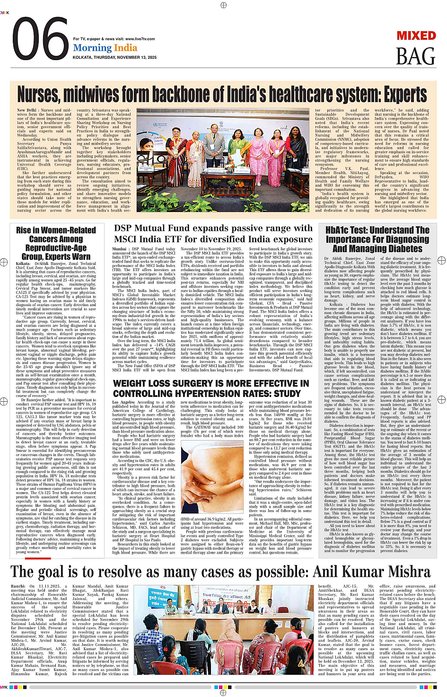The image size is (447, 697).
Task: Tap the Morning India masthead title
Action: (105, 48)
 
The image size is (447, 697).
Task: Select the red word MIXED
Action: (416, 36)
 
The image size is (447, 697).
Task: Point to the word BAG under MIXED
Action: (415, 57)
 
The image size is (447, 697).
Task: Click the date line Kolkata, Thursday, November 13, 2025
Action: (114, 57)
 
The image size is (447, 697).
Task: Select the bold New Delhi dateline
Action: (27, 110)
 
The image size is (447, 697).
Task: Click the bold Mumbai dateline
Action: (120, 249)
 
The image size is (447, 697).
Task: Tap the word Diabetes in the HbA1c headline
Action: (403, 248)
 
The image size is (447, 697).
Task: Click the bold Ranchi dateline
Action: (18, 586)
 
